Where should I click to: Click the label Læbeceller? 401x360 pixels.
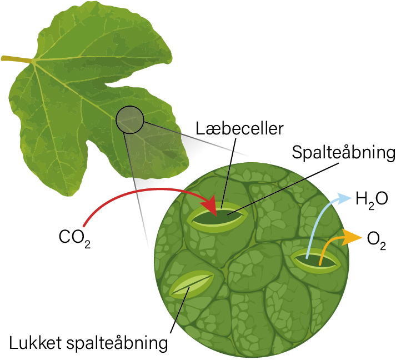click(x=240, y=129)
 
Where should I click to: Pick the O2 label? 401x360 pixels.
click(x=376, y=240)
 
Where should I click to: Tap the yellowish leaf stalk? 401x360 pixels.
click(x=17, y=59)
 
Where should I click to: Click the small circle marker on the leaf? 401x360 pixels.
click(x=129, y=120)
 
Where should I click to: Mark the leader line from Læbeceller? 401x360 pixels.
click(x=227, y=172)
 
